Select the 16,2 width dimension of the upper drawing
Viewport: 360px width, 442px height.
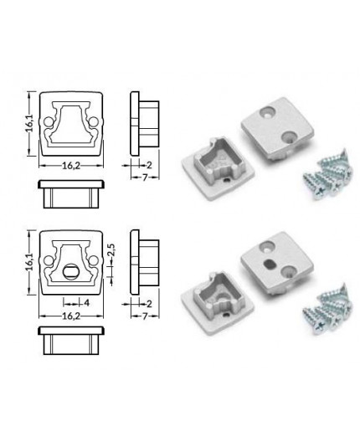tap(70, 165)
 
